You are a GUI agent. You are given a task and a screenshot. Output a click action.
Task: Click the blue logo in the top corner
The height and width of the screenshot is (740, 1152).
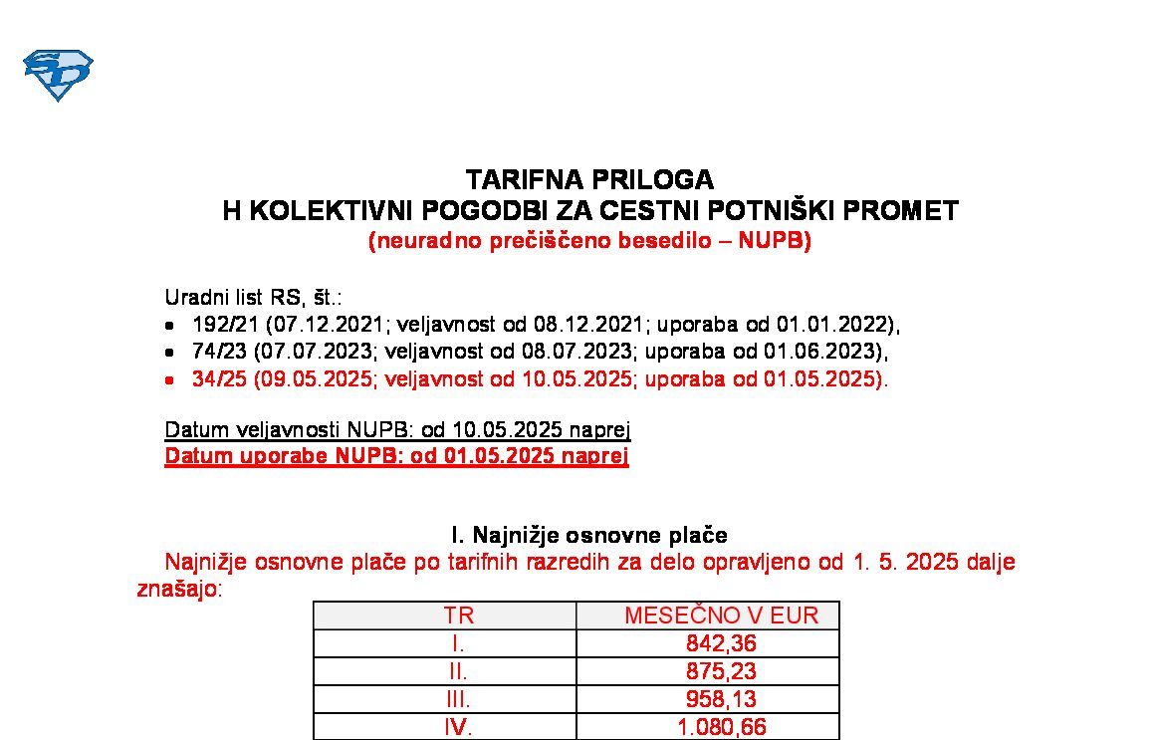tap(58, 74)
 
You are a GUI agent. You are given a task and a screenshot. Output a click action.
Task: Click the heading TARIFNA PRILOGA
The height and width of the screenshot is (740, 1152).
tap(589, 180)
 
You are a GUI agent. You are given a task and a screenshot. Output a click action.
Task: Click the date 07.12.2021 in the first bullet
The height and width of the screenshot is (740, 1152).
tap(317, 325)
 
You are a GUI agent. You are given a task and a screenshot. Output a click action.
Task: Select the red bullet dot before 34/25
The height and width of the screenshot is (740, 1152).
tap(170, 380)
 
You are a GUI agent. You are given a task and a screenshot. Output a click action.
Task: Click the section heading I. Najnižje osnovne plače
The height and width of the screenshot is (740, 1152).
tap(589, 535)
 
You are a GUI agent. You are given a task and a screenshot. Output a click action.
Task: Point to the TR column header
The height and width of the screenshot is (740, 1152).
tap(458, 616)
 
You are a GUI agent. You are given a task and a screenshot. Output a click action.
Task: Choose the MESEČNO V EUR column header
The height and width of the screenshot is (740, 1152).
tap(721, 616)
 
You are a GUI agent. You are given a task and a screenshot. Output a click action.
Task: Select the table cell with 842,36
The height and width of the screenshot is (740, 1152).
tap(721, 643)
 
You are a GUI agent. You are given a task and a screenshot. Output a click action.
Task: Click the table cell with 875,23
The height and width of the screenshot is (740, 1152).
tap(721, 671)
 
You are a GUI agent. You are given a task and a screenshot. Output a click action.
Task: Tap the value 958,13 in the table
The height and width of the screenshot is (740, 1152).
tap(721, 699)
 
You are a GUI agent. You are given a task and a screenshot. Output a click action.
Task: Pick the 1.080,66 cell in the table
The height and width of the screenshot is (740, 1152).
tap(721, 727)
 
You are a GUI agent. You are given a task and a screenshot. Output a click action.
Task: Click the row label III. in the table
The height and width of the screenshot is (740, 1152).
tap(458, 699)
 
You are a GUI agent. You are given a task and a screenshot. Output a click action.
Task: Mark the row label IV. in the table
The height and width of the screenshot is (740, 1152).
tap(458, 727)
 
